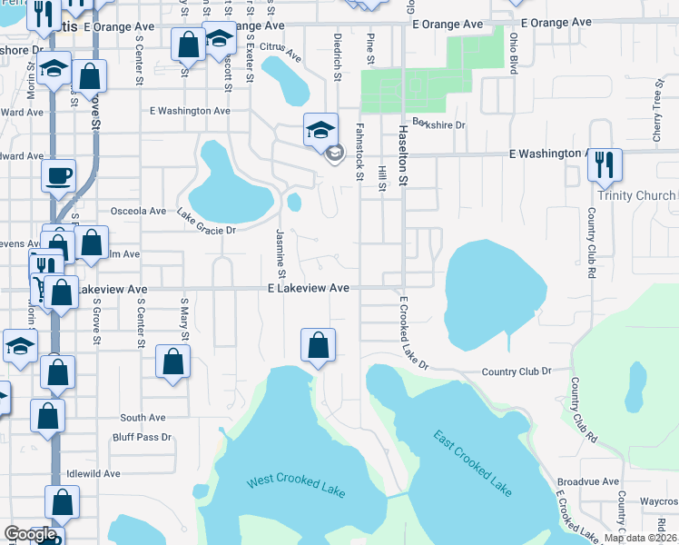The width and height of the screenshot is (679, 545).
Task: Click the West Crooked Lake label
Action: pos(296,483)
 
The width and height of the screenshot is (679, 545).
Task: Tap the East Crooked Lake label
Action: pos(472,463)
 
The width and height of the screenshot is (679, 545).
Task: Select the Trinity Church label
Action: pos(636,195)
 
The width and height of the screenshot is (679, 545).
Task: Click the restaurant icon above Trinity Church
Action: pos(604,166)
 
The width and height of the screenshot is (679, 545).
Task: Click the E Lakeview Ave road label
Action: pos(308,287)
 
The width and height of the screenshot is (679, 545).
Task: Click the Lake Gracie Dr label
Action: pos(206,223)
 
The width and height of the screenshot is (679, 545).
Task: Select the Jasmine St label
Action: pos(280,253)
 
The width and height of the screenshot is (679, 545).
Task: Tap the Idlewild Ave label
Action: pos(94,473)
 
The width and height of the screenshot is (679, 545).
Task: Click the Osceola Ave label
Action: pos(138,211)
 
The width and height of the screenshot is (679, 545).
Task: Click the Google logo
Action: pos(31,535)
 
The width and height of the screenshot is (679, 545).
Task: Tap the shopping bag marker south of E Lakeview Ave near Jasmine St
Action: pos(318,346)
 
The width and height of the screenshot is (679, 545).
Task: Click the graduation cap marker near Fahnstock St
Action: pos(320,131)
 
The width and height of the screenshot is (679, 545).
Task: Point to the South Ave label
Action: pos(143,418)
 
